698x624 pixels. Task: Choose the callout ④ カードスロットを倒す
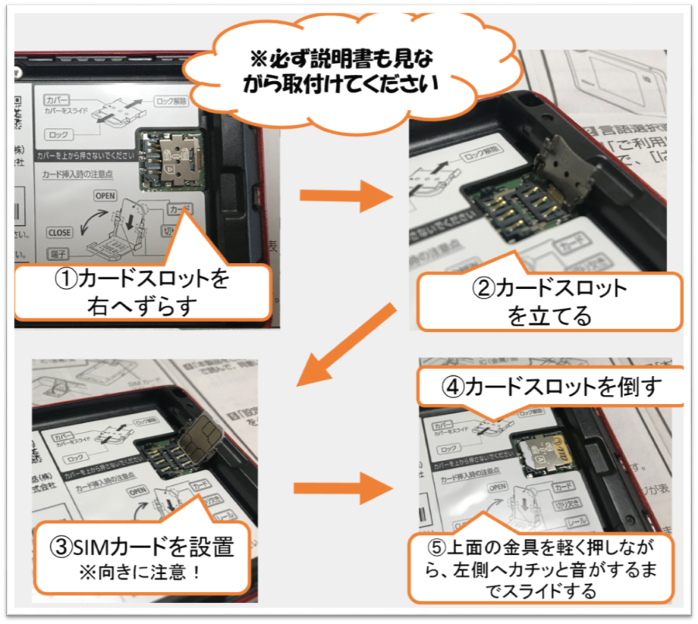(551, 387)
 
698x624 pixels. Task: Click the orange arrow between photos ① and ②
(344, 197)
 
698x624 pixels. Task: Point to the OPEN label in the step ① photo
(106, 196)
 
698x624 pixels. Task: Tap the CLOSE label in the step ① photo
(59, 232)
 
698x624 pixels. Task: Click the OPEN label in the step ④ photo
(498, 487)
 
